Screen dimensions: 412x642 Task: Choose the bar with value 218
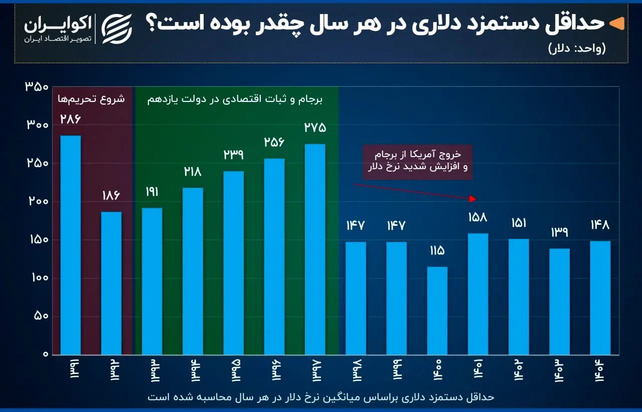tap(193, 271)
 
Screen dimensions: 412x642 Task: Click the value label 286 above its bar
tap(70, 119)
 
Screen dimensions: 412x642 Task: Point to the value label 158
tap(478, 217)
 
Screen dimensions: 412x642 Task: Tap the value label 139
tap(559, 232)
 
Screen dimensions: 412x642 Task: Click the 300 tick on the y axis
tap(36, 125)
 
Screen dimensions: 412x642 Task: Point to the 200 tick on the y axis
tap(36, 202)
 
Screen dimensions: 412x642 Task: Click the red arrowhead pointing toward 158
tap(472, 199)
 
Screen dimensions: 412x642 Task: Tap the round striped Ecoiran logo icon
tap(116, 29)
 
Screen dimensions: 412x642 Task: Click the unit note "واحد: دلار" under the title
tap(577, 49)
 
